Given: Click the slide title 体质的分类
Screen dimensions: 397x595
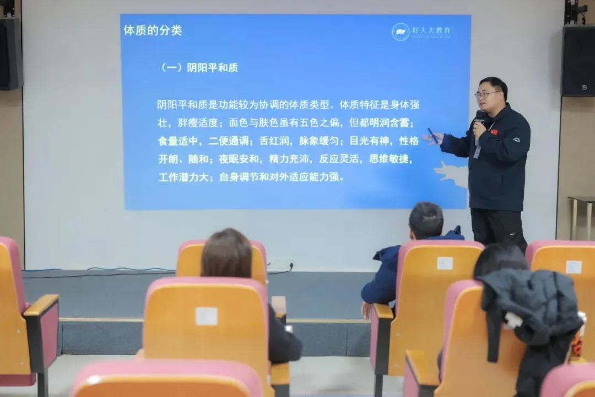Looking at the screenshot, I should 153,30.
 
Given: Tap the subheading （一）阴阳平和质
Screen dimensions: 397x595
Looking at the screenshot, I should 199,68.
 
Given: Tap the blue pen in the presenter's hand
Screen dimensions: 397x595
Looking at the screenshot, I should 433,136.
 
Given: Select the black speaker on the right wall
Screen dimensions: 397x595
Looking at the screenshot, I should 578,60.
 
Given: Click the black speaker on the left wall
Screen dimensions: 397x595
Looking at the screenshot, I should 10,53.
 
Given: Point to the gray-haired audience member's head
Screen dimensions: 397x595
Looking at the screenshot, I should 426,219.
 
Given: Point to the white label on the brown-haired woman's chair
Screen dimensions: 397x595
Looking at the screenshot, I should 206,316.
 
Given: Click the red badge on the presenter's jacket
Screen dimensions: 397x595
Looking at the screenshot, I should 494,132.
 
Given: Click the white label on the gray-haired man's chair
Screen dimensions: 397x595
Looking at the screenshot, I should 445,263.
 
